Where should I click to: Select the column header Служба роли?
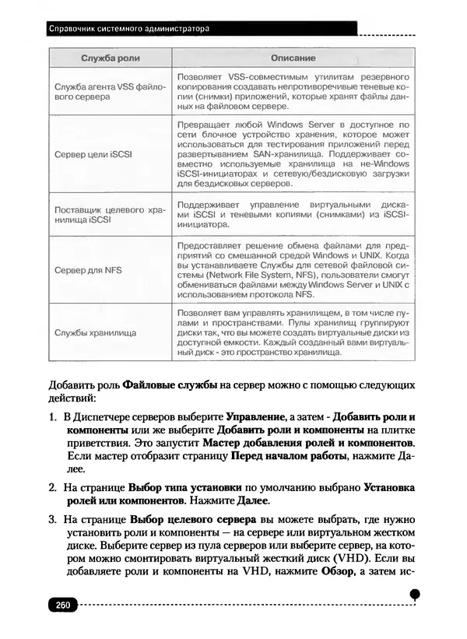(110, 59)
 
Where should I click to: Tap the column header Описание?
(293, 59)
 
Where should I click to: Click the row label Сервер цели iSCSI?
(93, 154)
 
